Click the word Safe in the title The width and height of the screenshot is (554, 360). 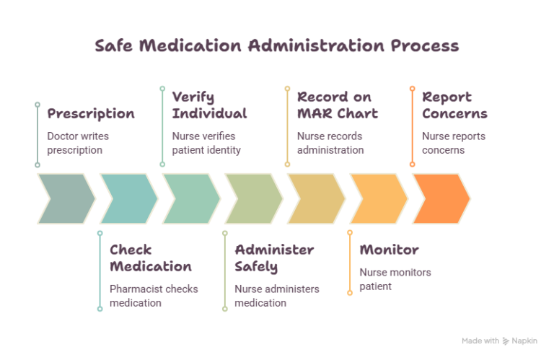tap(114, 45)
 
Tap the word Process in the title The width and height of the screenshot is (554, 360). tap(425, 45)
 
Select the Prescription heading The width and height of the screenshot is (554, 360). tap(91, 114)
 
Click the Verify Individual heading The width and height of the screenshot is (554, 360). tap(209, 105)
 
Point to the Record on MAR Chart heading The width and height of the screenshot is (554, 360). tap(338, 105)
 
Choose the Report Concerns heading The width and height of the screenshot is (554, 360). tap(454, 105)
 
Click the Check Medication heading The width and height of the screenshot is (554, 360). tap(151, 258)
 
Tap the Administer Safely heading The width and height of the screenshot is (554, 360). tap(274, 258)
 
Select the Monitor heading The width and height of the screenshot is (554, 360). tap(389, 250)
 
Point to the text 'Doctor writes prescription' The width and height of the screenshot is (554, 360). tap(78, 143)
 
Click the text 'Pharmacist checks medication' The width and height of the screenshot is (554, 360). tap(154, 296)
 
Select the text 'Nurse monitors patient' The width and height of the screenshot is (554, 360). tap(395, 279)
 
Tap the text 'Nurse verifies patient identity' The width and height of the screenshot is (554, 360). tap(206, 143)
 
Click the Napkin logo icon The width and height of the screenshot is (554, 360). tap(506, 341)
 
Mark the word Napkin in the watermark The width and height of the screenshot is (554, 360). tap(524, 341)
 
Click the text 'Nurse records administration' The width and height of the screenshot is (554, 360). tap(330, 143)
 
